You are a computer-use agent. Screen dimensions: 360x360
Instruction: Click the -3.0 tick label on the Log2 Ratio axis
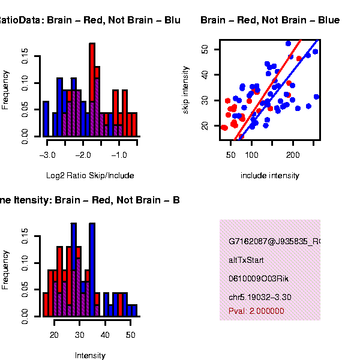47,155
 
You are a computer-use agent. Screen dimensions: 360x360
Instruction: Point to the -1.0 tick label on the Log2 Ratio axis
119,155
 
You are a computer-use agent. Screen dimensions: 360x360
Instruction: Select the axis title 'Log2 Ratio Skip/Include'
90,176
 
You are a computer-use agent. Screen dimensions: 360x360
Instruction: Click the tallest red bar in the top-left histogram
92,90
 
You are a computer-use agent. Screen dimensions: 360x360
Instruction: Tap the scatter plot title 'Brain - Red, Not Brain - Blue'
270,20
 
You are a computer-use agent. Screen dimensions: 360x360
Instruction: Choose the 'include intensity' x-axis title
269,176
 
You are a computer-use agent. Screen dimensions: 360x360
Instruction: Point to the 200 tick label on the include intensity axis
293,155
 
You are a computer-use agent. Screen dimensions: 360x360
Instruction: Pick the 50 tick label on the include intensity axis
230,155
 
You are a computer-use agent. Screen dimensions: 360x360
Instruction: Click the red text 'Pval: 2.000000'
256,311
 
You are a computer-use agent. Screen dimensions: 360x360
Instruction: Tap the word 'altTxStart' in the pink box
246,260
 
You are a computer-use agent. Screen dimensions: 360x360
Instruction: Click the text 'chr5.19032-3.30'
260,297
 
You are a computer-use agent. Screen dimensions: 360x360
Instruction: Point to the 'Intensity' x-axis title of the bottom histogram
90,356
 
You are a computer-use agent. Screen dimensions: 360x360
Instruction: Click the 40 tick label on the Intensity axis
106,335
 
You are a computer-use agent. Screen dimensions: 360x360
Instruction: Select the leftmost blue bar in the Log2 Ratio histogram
46,119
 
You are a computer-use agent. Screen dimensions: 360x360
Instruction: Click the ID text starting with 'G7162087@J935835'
274,242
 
